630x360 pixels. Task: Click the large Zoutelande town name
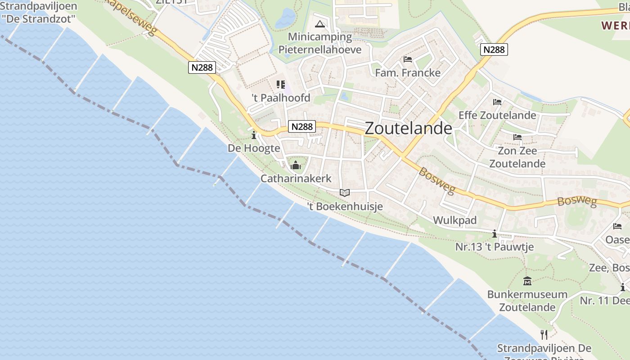pyautogui.click(x=408, y=128)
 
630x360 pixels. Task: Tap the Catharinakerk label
pyautogui.click(x=296, y=179)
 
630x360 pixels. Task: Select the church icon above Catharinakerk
pyautogui.click(x=296, y=165)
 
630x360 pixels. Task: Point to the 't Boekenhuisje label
pyautogui.click(x=345, y=207)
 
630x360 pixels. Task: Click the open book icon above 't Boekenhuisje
pyautogui.click(x=345, y=193)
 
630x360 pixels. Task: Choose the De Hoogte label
pyautogui.click(x=254, y=148)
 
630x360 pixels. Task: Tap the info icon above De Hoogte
pyautogui.click(x=254, y=135)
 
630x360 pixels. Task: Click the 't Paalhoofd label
pyautogui.click(x=281, y=98)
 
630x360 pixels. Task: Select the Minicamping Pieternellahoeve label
pyautogui.click(x=320, y=43)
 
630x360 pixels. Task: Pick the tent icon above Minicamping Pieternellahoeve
pyautogui.click(x=320, y=24)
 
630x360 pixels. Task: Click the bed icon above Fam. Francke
pyautogui.click(x=408, y=59)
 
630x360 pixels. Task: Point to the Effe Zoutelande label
pyautogui.click(x=497, y=115)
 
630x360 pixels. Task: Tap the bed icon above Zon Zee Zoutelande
pyautogui.click(x=517, y=137)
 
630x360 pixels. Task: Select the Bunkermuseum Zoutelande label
pyautogui.click(x=527, y=301)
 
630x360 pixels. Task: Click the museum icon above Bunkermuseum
pyautogui.click(x=527, y=282)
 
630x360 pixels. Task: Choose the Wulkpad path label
pyautogui.click(x=454, y=220)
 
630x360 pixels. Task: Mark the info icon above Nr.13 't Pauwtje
pyautogui.click(x=495, y=234)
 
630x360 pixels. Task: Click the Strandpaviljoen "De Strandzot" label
pyautogui.click(x=39, y=13)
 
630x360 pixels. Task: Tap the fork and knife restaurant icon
pyautogui.click(x=544, y=334)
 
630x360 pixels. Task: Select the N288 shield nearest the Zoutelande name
pyautogui.click(x=302, y=127)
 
